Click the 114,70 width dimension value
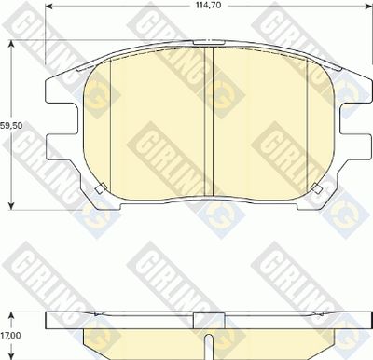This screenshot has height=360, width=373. pos(208,6)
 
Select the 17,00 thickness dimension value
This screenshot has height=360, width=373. pos(11,336)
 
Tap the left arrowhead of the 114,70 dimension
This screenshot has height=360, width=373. pos(48,7)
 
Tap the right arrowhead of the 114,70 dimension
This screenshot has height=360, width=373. pos(368,7)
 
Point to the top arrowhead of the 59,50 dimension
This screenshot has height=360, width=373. pos(11,44)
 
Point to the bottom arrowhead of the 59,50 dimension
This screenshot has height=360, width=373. pos(11,206)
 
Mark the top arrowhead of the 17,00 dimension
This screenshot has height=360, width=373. pos(11,315)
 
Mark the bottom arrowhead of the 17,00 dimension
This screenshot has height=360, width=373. pos(11,356)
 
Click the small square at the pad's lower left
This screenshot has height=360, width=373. pos(101,188)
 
